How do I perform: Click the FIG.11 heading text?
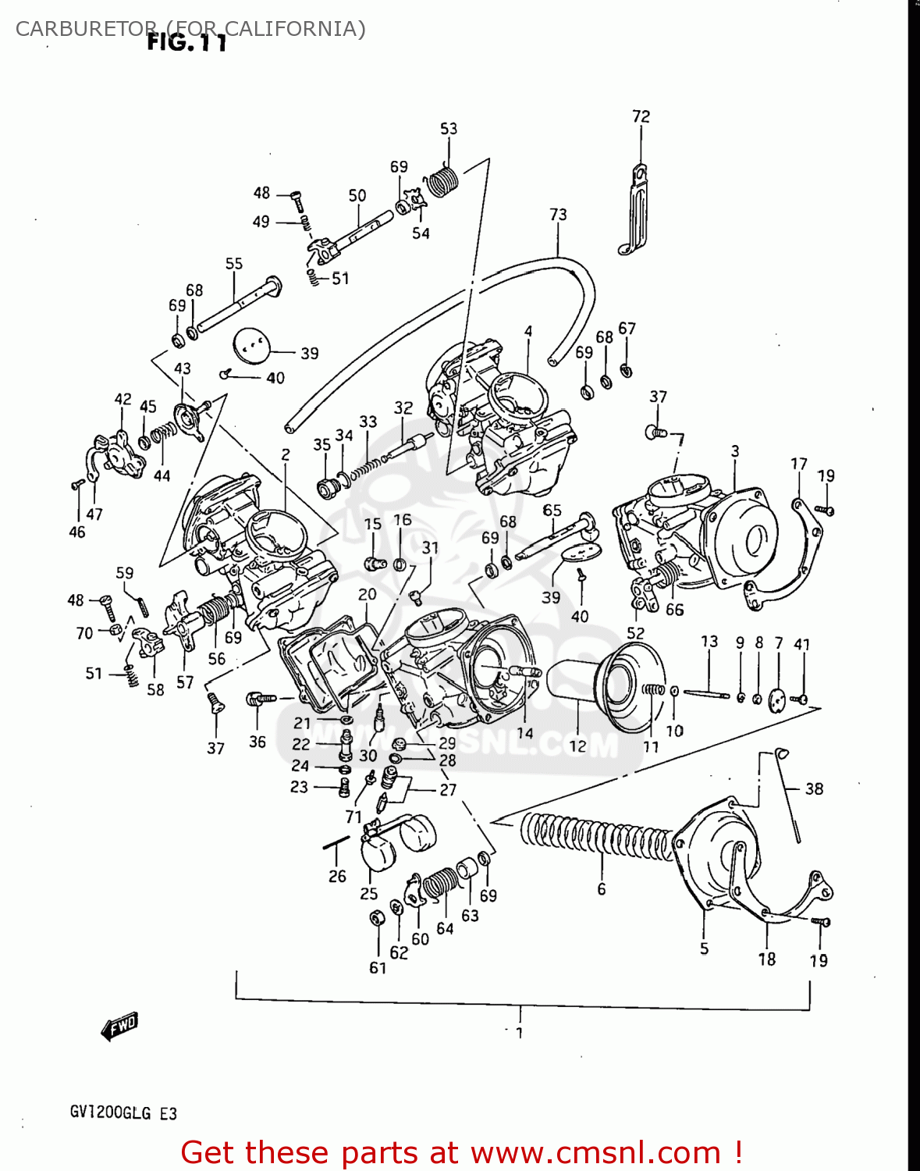[187, 43]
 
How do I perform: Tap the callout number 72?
[641, 116]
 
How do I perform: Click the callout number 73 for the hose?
[558, 214]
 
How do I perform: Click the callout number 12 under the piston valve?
[577, 746]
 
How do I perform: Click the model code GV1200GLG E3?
[123, 1112]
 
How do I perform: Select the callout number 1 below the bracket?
[520, 1032]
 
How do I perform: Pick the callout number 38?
[814, 788]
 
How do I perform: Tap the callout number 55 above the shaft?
[234, 264]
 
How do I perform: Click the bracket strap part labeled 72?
[638, 211]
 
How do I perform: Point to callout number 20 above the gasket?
[368, 594]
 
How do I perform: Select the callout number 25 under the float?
[368, 893]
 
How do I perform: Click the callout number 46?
[76, 532]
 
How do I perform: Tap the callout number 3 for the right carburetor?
[735, 451]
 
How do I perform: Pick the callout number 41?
[802, 644]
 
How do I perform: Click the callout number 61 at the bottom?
[378, 967]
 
